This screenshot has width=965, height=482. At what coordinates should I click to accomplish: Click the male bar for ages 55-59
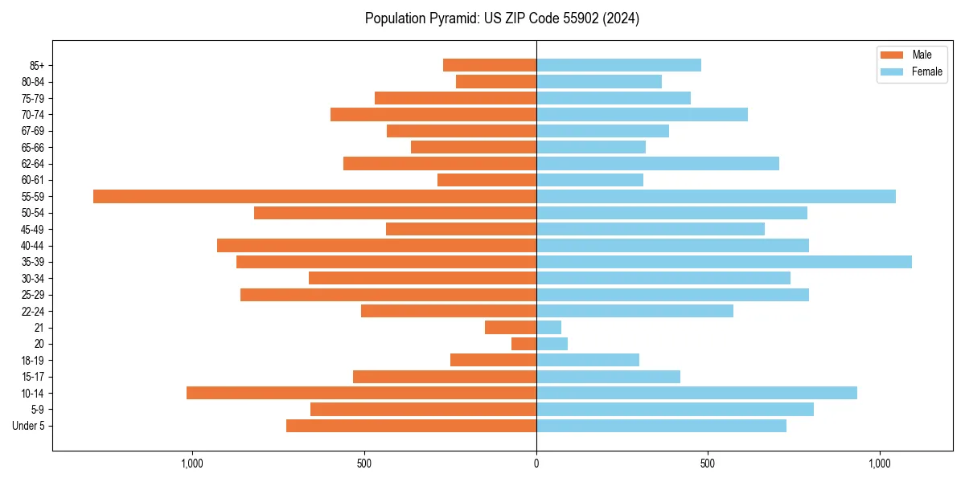(x=314, y=196)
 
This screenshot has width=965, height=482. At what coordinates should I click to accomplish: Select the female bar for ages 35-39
(x=724, y=262)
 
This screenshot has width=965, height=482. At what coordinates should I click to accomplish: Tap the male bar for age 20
(x=524, y=344)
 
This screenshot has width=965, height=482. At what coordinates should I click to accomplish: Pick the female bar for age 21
(x=548, y=328)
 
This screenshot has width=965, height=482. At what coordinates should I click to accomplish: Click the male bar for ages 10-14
(x=361, y=393)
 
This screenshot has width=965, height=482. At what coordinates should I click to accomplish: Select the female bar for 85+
(x=618, y=65)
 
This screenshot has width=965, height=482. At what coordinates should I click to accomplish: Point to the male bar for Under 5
(x=411, y=426)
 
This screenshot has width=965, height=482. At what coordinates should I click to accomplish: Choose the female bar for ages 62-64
(x=658, y=164)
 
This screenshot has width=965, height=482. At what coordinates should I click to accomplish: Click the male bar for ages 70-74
(x=433, y=114)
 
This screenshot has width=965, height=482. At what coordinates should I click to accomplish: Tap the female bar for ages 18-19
(x=588, y=360)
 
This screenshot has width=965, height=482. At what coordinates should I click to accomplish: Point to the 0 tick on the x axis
(x=536, y=464)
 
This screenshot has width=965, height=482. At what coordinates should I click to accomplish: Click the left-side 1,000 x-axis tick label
(x=192, y=464)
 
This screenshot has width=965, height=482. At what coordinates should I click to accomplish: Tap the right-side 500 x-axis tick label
(x=708, y=464)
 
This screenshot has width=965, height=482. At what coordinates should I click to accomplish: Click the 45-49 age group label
(x=33, y=230)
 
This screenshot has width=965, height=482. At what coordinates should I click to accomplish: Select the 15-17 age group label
(x=33, y=377)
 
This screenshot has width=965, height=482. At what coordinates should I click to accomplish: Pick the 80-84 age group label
(x=33, y=82)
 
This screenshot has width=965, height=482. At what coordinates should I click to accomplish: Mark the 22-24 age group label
(x=33, y=312)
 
